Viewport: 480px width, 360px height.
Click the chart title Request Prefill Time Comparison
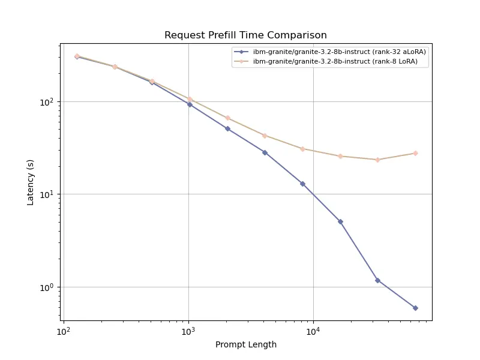(245, 35)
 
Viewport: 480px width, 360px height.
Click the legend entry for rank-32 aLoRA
(339, 52)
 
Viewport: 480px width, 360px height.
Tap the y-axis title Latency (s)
(31, 182)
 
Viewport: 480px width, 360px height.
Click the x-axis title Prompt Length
(246, 344)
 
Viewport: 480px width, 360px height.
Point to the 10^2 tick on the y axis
(47, 102)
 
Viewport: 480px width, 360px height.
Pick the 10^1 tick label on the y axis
(47, 194)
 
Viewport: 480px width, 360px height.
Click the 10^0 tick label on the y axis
(47, 287)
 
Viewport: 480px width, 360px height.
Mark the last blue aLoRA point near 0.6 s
(415, 308)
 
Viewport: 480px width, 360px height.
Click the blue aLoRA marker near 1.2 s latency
(377, 280)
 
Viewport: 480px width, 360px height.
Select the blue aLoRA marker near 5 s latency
(340, 221)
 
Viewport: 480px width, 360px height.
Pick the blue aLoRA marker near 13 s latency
(302, 184)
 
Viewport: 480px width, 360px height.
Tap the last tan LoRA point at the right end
(415, 153)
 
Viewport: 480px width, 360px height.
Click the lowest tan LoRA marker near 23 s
(377, 160)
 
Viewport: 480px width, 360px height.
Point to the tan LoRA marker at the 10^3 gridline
(190, 99)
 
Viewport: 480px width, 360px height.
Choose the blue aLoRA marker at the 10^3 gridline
(190, 104)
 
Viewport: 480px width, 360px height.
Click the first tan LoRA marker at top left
(77, 56)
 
